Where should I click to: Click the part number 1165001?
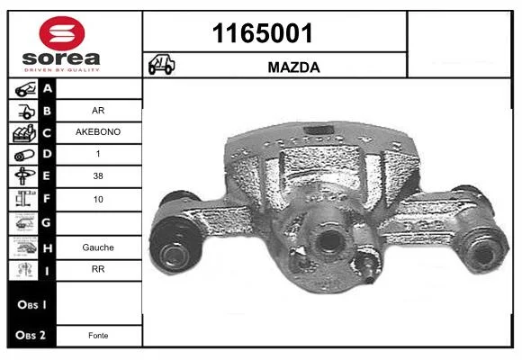point(262,33)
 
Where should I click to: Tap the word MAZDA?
point(293,67)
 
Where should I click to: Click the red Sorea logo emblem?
point(62,33)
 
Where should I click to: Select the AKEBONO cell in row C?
point(98,132)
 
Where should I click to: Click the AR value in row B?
point(98,110)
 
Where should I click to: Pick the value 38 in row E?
point(98,175)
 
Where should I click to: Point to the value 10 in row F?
point(98,199)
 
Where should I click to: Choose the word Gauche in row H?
point(98,247)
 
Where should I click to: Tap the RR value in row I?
point(98,269)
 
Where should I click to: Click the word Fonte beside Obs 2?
point(98,336)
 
